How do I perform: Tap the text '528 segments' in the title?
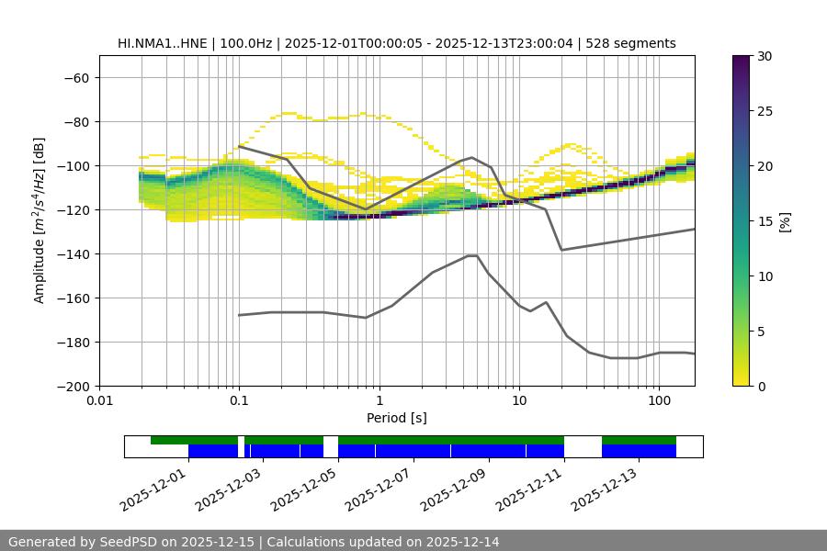pos(633,43)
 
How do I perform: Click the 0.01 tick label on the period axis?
pos(99,402)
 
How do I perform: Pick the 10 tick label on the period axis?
pos(519,402)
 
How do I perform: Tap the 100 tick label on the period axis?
pos(659,402)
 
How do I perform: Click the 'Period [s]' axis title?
pos(397,418)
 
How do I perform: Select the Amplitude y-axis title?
pos(40,220)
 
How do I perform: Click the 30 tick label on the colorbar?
pos(765,56)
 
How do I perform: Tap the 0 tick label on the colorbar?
pos(761,386)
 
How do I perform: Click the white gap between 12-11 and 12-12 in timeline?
pos(583,446)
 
